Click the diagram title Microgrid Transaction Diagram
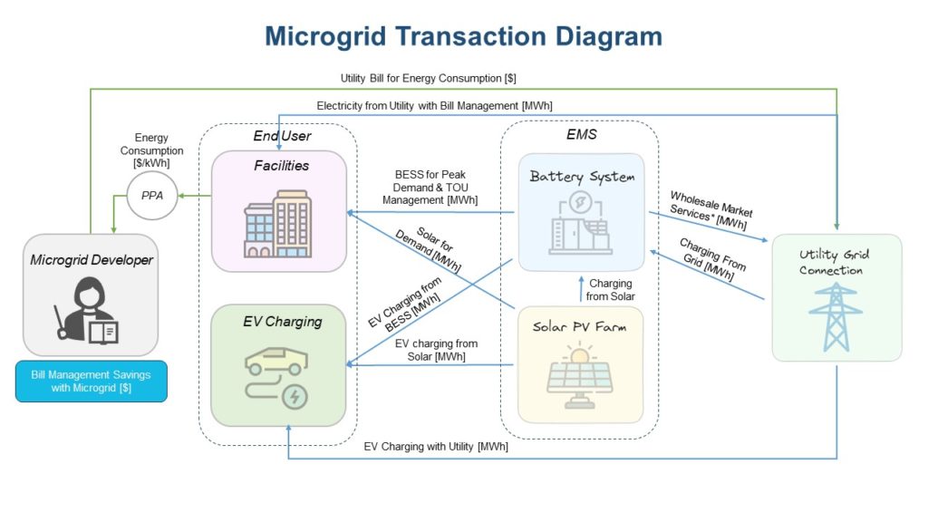pos(463,36)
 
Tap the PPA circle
pos(151,196)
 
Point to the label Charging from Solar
pos(609,290)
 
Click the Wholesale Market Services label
pos(710,209)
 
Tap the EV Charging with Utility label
pos(436,447)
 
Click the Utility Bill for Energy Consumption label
pos(429,79)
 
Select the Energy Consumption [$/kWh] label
pos(151,150)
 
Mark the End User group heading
pos(282,136)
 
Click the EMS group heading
pos(581,134)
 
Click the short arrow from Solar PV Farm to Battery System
pos(581,289)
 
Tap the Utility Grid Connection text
pos(835,262)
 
